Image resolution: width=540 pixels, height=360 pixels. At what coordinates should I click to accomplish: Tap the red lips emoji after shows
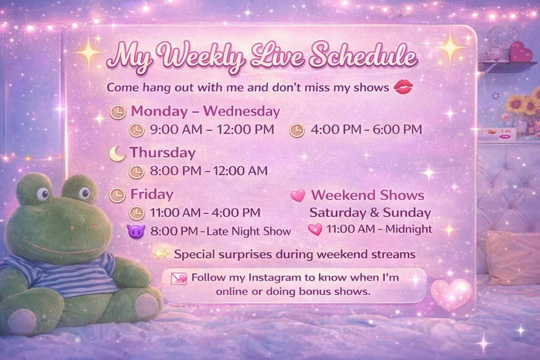click(403, 87)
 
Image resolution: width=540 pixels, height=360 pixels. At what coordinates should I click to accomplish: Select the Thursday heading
click(163, 153)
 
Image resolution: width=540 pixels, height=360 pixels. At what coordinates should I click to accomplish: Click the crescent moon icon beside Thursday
click(117, 154)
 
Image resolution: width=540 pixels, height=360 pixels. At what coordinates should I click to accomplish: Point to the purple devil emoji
click(136, 231)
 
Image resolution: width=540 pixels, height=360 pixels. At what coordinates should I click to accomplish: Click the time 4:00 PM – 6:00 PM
click(366, 130)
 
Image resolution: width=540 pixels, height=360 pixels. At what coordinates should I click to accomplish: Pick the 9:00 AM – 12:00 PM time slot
click(212, 130)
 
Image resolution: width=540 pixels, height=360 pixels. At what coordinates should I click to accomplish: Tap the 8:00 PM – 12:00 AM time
click(208, 171)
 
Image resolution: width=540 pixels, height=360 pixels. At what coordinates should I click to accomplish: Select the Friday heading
click(152, 194)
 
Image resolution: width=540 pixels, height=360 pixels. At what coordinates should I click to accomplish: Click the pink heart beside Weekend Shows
click(298, 196)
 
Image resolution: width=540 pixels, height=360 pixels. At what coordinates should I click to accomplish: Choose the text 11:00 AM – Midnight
click(379, 229)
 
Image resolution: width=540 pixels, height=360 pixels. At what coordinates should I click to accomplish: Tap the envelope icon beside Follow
click(179, 278)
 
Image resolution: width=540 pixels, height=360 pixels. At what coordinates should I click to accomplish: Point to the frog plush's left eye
click(43, 194)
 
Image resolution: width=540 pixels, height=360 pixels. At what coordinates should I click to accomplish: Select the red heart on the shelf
click(520, 52)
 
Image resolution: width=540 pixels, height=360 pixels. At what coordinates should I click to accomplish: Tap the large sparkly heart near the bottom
click(452, 293)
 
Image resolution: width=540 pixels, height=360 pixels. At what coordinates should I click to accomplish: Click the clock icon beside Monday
click(118, 112)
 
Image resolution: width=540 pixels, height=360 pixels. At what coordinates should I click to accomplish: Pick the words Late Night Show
click(249, 231)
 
